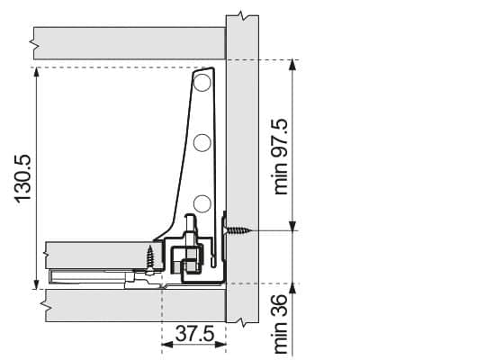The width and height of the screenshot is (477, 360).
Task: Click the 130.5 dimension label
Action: (23, 178)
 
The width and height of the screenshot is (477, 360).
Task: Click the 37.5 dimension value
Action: (194, 334)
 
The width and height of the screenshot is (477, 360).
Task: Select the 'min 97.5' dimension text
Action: (281, 157)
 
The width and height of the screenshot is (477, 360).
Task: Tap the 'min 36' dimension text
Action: (281, 324)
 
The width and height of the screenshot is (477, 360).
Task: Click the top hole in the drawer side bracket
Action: (202, 83)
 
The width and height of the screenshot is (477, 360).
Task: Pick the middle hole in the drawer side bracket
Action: (202, 142)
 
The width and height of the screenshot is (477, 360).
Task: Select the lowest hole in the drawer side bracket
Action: (202, 203)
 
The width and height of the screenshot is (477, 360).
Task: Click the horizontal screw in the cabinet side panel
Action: (238, 230)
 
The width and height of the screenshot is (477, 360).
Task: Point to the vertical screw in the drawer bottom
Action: (150, 259)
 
